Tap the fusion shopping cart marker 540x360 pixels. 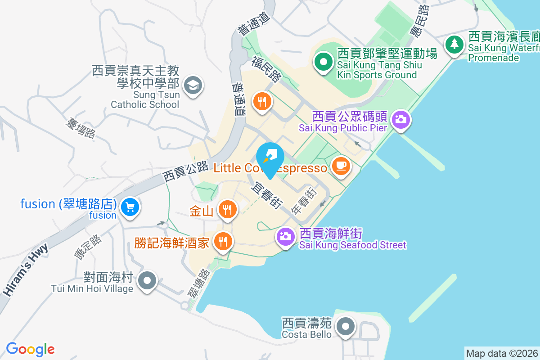(x=130, y=207)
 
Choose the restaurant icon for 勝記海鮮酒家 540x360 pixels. (x=222, y=241)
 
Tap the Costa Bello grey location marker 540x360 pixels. (x=345, y=327)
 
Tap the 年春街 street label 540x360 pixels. (x=304, y=201)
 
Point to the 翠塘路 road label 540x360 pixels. (x=198, y=284)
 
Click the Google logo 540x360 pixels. (x=30, y=349)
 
